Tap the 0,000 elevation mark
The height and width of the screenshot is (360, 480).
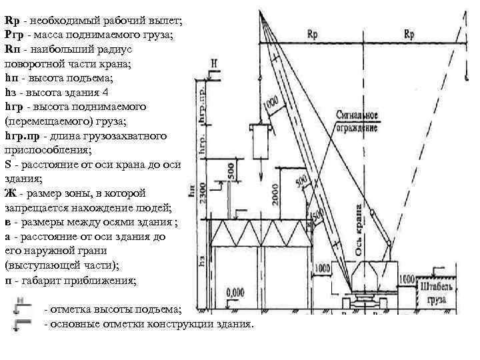click(x=235, y=291)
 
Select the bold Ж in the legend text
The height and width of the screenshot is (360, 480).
click(x=9, y=194)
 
